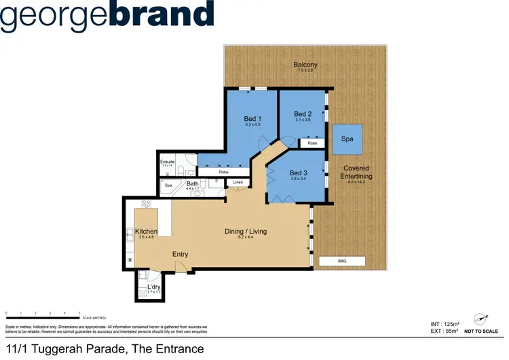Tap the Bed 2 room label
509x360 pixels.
pos(303,114)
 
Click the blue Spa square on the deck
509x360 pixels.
pos(347,139)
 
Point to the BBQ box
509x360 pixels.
pos(341,261)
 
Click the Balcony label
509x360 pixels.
pos(305,65)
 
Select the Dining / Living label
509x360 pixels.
pos(246,231)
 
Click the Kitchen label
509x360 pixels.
pos(147,232)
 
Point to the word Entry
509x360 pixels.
pos(180,255)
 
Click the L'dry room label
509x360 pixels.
pos(154,287)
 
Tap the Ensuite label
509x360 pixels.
pos(167,162)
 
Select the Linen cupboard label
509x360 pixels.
pos(238,183)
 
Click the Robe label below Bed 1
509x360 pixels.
pos(223,173)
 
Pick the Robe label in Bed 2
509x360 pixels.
pos(312,143)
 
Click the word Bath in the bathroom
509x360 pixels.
pos(193,183)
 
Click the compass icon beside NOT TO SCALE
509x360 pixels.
pos(483,319)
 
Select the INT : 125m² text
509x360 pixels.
pos(441,324)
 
